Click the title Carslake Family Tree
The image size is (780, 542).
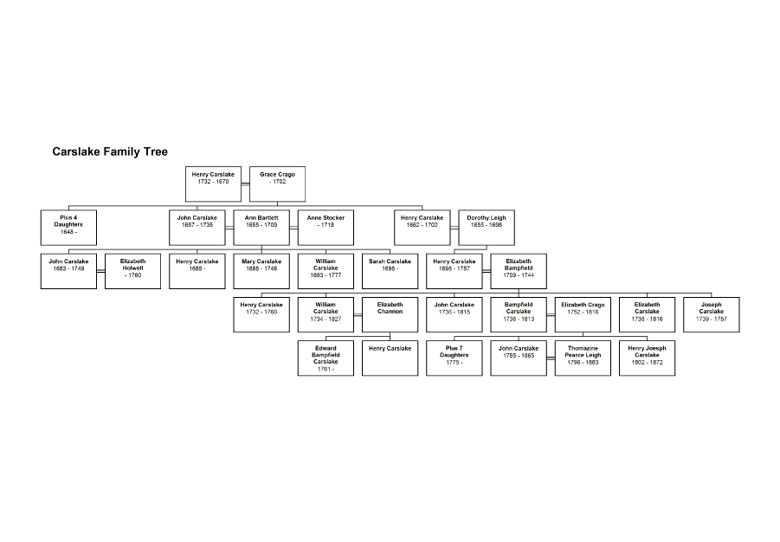tap(110, 152)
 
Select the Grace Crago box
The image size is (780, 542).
tap(277, 184)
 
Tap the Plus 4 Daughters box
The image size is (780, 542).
tap(68, 228)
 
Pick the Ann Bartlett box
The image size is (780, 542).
tap(261, 228)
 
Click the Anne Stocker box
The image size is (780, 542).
tap(326, 228)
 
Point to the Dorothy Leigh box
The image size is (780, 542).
tap(487, 228)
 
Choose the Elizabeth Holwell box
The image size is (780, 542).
tap(132, 271)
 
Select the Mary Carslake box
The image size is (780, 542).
tap(261, 271)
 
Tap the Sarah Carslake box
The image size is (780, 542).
tap(390, 271)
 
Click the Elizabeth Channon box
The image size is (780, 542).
tap(390, 314)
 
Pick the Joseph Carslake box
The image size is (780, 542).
tap(712, 314)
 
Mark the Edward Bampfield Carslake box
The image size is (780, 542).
tap(326, 358)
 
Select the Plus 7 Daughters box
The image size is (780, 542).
tap(454, 358)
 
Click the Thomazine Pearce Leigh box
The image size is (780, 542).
tap(583, 358)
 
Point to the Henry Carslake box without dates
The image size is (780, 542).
tap(390, 358)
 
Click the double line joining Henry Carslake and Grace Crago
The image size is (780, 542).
tap(245, 184)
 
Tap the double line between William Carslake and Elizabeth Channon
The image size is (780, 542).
tap(358, 314)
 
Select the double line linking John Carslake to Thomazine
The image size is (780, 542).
tap(551, 358)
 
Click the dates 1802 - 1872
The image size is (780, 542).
tap(648, 362)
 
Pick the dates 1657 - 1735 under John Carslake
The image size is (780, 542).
tap(197, 225)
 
